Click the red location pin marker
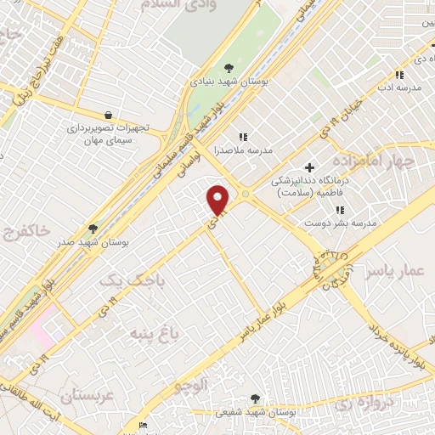click(x=218, y=201)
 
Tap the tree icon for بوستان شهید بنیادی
click(x=229, y=68)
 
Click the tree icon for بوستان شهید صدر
click(x=93, y=229)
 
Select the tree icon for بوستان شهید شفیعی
click(x=256, y=398)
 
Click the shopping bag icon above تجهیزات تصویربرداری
click(x=108, y=115)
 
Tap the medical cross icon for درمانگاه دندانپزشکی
click(x=309, y=167)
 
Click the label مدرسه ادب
click(x=404, y=88)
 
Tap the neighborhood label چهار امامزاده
click(x=373, y=161)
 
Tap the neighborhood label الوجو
click(x=192, y=385)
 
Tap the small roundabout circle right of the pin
click(x=245, y=195)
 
